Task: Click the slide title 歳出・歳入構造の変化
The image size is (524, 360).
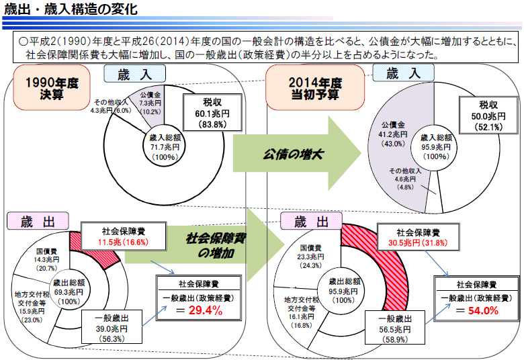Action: [x=71, y=9]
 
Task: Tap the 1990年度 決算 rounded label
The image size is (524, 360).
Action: [x=52, y=87]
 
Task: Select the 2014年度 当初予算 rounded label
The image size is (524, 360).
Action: [x=315, y=87]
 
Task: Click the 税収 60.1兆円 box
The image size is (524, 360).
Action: [x=212, y=113]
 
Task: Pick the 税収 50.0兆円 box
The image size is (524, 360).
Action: [x=488, y=116]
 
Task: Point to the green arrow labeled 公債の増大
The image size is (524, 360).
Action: [x=298, y=154]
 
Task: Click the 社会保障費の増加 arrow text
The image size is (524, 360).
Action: [x=216, y=246]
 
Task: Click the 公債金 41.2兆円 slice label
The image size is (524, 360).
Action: [x=394, y=134]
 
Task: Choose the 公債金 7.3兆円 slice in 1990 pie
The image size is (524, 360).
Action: [x=150, y=103]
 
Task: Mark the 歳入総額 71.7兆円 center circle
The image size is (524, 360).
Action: [x=165, y=146]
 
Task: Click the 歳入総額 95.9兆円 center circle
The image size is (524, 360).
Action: [x=436, y=146]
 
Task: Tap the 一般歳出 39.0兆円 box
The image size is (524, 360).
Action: [x=112, y=328]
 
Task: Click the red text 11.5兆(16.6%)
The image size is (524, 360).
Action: [x=124, y=242]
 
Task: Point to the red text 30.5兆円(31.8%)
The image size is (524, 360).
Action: [x=418, y=242]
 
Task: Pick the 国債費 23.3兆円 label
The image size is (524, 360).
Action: [x=311, y=257]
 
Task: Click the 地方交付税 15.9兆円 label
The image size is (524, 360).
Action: [x=31, y=307]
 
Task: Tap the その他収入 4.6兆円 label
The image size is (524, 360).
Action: [x=405, y=179]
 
